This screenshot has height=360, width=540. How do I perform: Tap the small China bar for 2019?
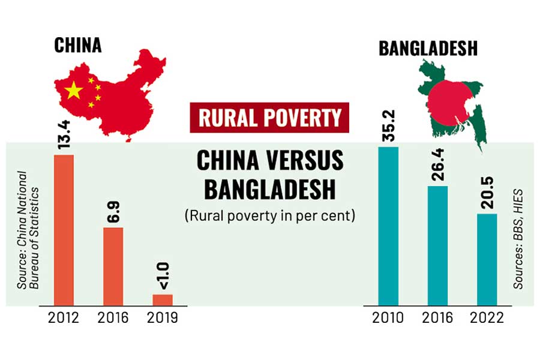162,299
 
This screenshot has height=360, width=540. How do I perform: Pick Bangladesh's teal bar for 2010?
388,226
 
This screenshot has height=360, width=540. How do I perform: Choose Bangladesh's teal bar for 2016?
437,245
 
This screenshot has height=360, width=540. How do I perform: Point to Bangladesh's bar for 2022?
487,259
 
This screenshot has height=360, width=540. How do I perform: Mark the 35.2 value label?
389,130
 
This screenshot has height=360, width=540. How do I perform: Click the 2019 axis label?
162,317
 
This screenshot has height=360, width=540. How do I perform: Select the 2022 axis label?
487,317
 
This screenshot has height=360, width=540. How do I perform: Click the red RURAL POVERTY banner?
270,118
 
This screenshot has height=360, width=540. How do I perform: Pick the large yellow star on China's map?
74,91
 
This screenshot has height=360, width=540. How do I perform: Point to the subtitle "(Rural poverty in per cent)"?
270,215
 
